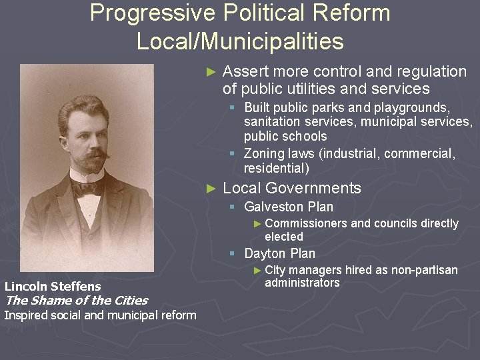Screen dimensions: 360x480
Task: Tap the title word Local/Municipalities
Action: tap(240, 41)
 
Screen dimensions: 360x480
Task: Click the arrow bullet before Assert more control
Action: tap(211, 71)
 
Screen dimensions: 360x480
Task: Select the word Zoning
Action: tap(264, 154)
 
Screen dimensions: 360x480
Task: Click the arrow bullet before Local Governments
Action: tap(211, 188)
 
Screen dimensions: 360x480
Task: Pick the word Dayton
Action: tap(264, 253)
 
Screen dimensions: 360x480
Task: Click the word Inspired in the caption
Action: tap(25, 315)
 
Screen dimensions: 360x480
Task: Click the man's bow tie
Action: tap(86, 188)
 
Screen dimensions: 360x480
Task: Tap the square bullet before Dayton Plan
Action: tap(232, 253)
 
